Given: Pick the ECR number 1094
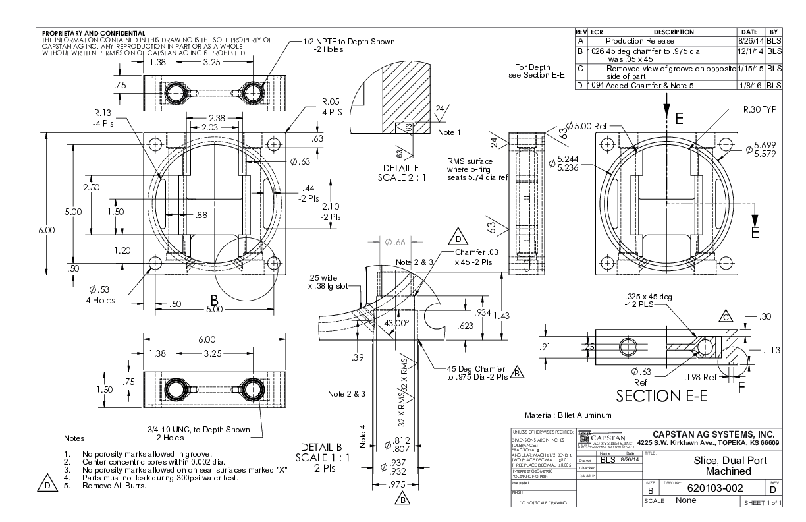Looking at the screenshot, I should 595,85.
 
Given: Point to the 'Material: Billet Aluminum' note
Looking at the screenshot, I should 568,415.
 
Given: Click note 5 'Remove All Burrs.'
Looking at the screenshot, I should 120,486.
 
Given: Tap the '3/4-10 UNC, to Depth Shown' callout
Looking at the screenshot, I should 199,430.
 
